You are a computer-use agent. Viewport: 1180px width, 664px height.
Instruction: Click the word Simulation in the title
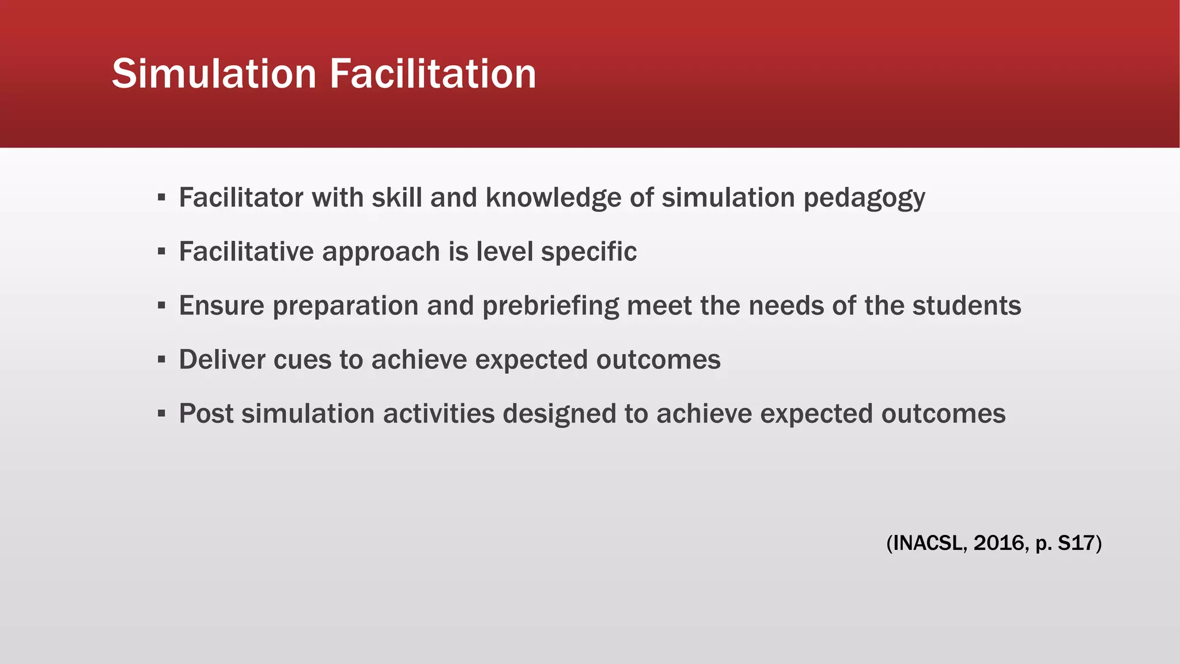pyautogui.click(x=214, y=74)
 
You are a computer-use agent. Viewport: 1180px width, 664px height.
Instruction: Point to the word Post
pyautogui.click(x=206, y=414)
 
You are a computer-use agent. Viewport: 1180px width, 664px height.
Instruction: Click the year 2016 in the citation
pyautogui.click(x=999, y=543)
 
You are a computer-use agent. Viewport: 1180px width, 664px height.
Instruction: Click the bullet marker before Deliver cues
pyautogui.click(x=161, y=360)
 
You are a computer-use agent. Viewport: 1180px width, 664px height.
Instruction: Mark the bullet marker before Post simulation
pyautogui.click(x=161, y=414)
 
